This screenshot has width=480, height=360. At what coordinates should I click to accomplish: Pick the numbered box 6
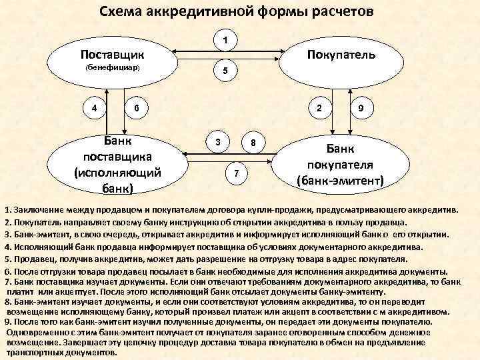pos(136,108)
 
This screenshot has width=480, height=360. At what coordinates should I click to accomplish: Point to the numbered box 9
pos(360,108)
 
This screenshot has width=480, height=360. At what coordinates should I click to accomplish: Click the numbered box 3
pos(217,143)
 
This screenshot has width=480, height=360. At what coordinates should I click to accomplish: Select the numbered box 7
pos(235,173)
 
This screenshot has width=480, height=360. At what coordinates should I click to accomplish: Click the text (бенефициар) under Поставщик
pos(109,69)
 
